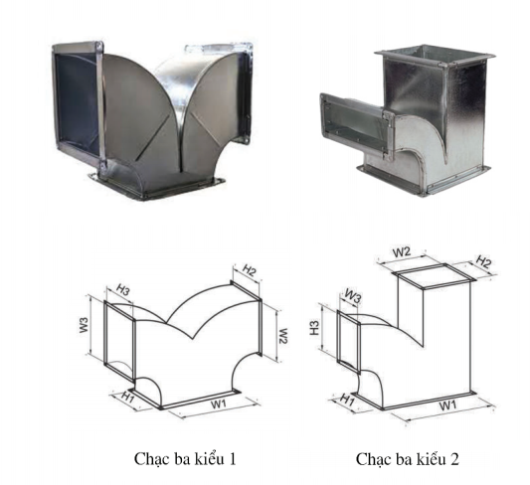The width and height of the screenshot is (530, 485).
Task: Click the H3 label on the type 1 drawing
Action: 123,289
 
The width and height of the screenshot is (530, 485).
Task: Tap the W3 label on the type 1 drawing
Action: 85,325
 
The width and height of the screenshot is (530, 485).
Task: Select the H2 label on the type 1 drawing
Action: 250,270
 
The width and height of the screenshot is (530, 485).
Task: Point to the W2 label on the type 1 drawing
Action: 283,336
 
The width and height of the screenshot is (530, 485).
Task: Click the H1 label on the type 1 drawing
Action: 128,397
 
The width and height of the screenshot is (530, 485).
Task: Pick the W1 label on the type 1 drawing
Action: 219,404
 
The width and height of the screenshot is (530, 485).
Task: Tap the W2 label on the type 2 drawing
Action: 402,252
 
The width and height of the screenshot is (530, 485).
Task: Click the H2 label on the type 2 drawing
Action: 483,261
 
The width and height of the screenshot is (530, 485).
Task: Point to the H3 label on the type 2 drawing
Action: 314,328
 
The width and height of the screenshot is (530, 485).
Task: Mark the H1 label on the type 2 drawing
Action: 347,400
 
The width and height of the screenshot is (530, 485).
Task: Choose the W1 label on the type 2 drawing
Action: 447,404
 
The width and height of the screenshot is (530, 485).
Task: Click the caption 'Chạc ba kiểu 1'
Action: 185,459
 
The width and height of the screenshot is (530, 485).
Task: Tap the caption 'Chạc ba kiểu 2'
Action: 408,459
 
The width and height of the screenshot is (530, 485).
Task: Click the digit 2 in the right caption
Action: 454,459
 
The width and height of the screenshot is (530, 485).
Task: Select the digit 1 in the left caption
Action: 233,459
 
